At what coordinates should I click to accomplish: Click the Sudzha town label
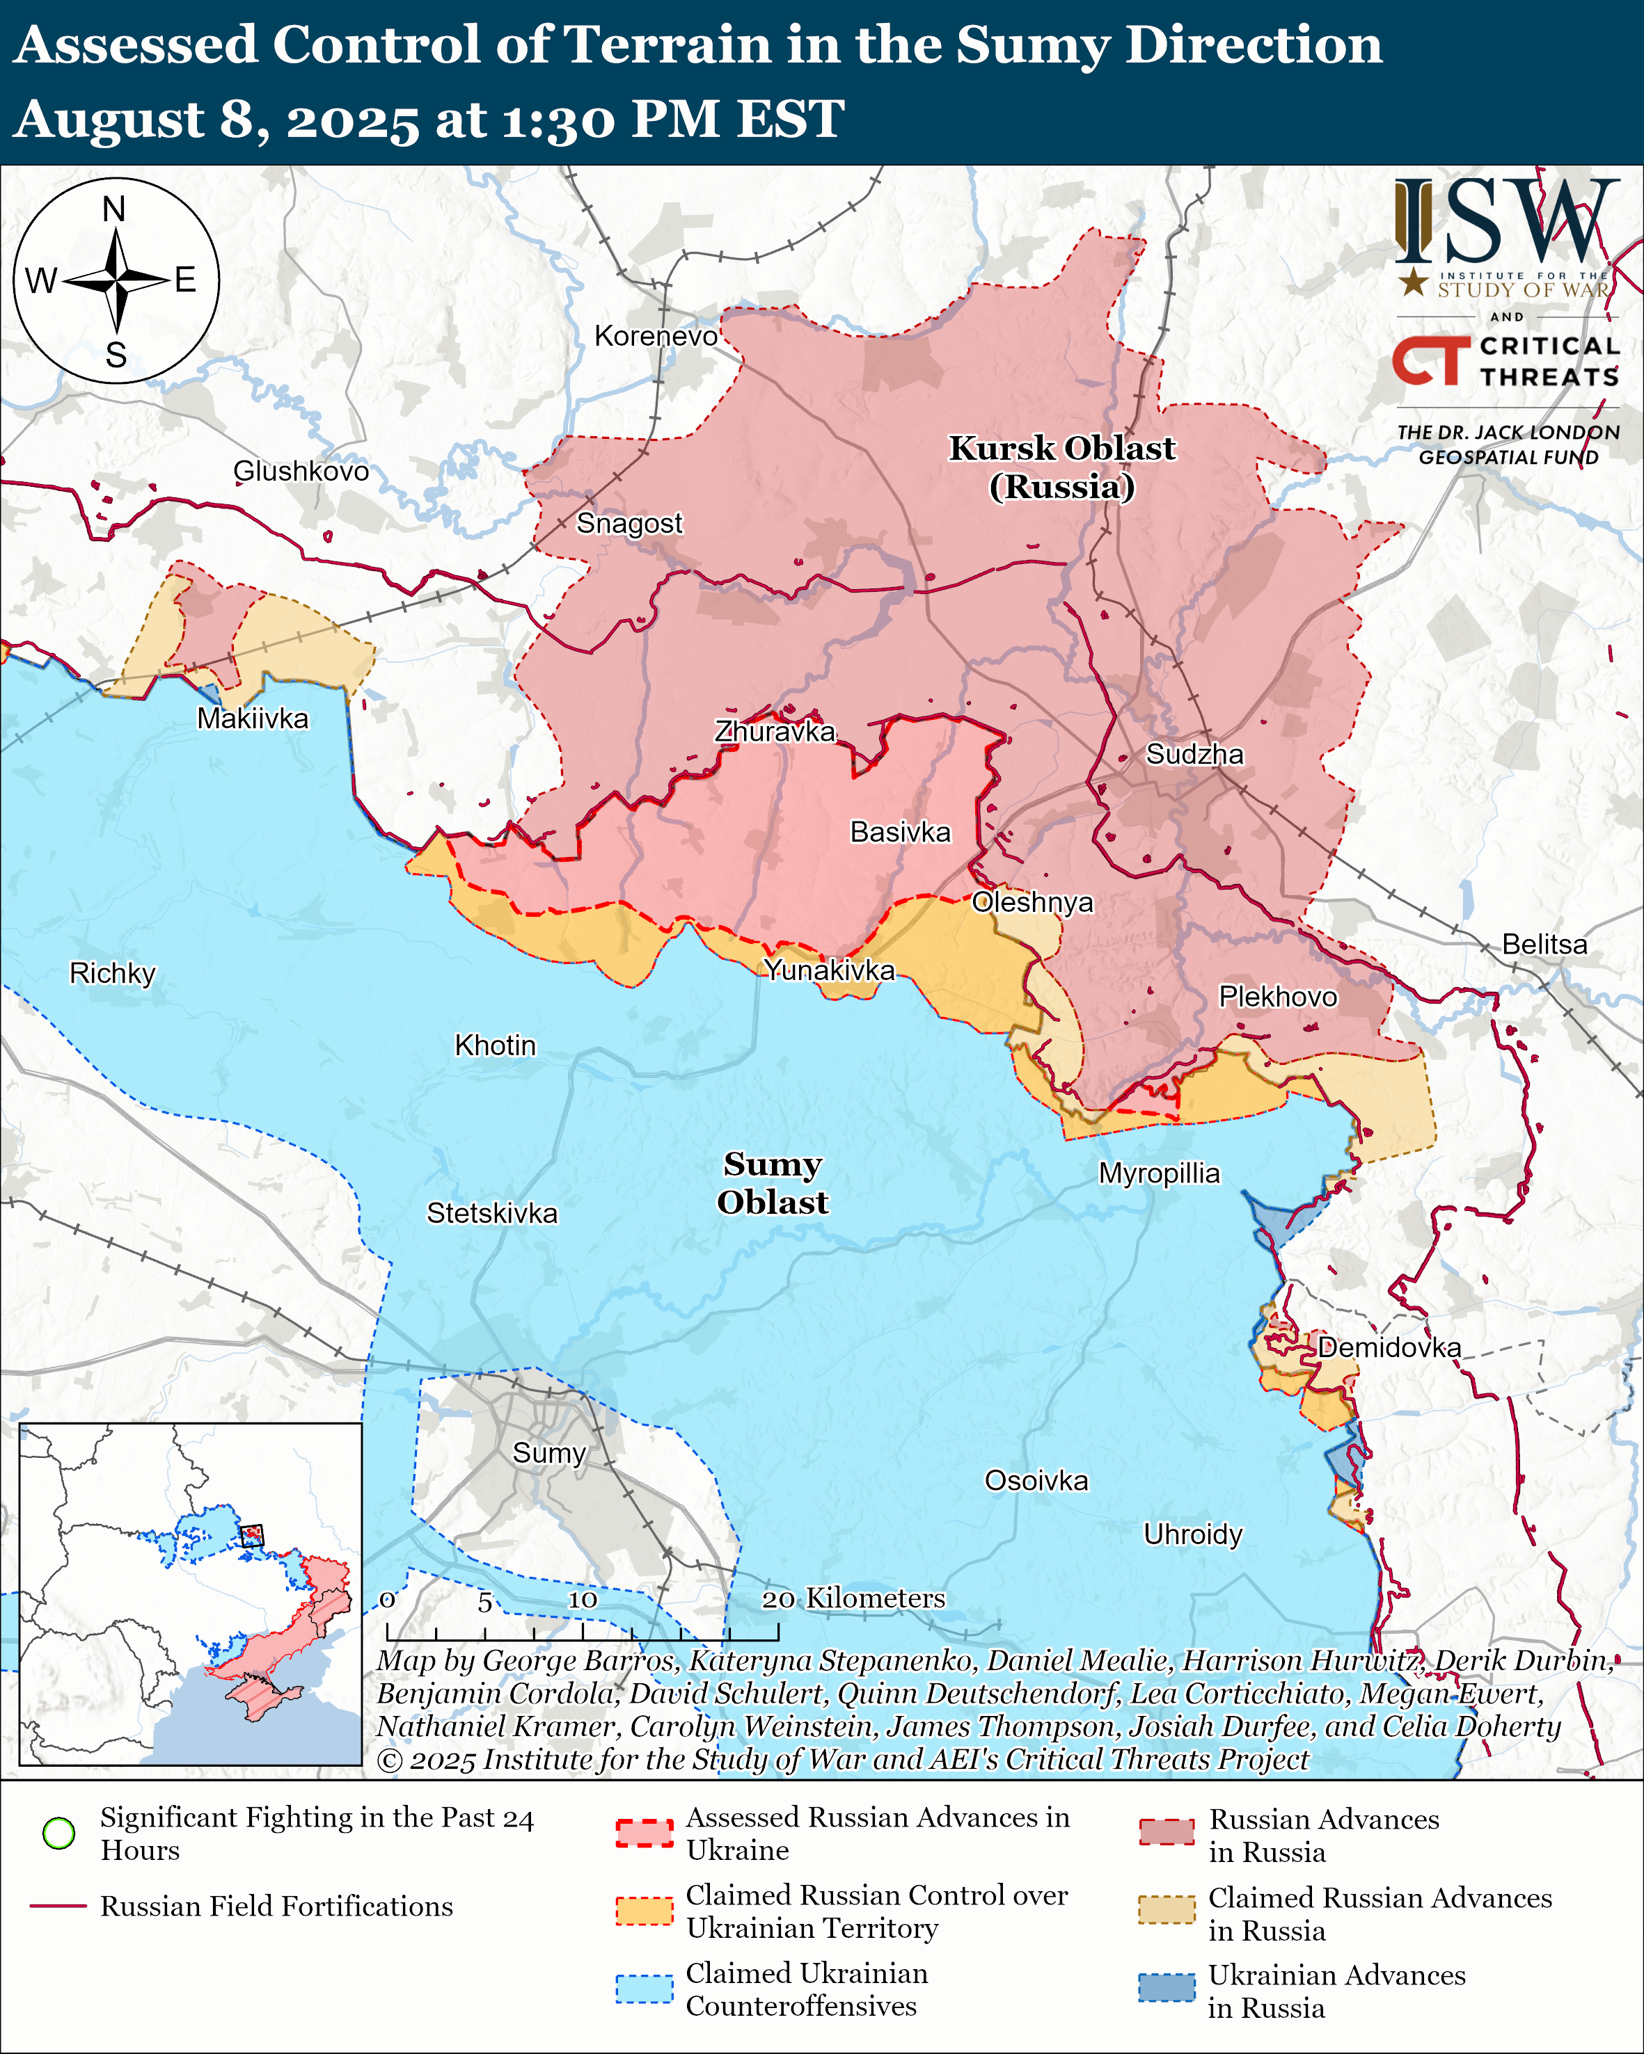(1194, 755)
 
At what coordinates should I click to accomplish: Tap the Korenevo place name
(656, 336)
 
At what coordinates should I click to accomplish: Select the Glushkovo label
(301, 471)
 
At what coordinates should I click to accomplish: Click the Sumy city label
(549, 1453)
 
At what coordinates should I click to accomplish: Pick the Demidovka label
(1389, 1347)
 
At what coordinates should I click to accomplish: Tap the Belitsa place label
(1545, 944)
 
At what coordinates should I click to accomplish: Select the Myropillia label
(1159, 1173)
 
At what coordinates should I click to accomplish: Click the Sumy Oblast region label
(772, 1182)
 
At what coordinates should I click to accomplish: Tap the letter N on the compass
(114, 209)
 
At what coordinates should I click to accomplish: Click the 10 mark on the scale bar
(583, 1600)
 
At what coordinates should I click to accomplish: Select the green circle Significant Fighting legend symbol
(59, 1833)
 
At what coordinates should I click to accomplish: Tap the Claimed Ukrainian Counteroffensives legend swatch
(645, 1989)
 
